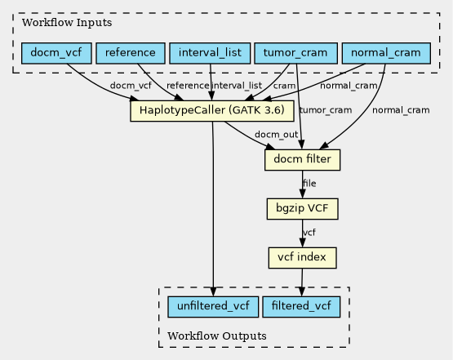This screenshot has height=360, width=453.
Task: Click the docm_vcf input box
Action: coord(56,53)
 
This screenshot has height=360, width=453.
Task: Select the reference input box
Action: coord(131,53)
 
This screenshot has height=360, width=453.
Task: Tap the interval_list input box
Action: coord(210,53)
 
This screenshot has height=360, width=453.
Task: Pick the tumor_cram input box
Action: coord(295,53)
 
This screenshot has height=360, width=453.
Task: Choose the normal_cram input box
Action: coord(386,53)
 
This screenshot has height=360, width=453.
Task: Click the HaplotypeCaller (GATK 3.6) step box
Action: coord(212,111)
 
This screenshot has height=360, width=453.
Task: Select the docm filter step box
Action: coord(303,160)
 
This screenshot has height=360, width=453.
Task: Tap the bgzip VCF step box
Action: coord(303,209)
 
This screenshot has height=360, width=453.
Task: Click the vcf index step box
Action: coord(303,258)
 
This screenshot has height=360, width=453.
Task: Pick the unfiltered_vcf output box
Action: coord(213,307)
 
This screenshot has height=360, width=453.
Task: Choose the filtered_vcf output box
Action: coord(301,307)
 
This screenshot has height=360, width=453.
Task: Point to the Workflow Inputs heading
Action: coord(67,23)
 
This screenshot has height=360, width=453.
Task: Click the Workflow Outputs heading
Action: coord(217,336)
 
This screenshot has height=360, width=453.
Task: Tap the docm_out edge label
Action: coord(276,135)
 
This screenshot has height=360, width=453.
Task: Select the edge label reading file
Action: coord(309,184)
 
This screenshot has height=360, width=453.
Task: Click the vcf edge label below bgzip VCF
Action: coord(309,233)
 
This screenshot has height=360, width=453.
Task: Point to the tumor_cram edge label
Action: coord(326,110)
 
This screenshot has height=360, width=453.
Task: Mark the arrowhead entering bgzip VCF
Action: coord(303,193)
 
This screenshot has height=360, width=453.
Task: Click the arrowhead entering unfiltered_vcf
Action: coord(213,291)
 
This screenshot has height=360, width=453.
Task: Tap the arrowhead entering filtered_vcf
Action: coord(302,291)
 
